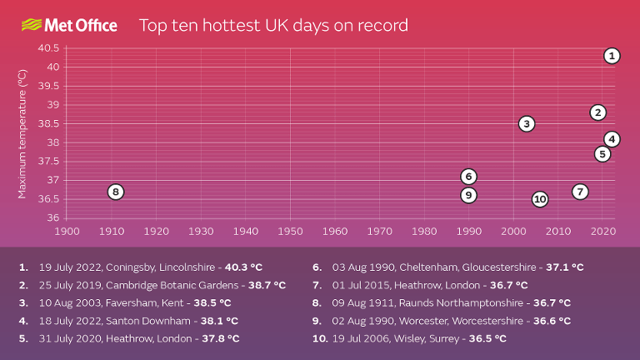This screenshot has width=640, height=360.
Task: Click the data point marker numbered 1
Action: [612, 56]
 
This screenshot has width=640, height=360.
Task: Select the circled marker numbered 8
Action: [116, 192]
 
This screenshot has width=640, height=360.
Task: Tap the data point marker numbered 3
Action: [526, 123]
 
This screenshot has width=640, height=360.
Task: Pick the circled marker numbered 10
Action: [540, 199]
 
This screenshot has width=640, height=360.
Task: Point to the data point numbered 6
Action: [469, 176]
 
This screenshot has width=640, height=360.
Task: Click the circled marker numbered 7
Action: [580, 192]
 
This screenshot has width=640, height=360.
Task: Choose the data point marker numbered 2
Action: [597, 112]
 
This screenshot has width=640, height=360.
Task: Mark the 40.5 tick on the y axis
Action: [48, 47]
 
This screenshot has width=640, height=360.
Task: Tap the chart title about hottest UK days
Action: [272, 25]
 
